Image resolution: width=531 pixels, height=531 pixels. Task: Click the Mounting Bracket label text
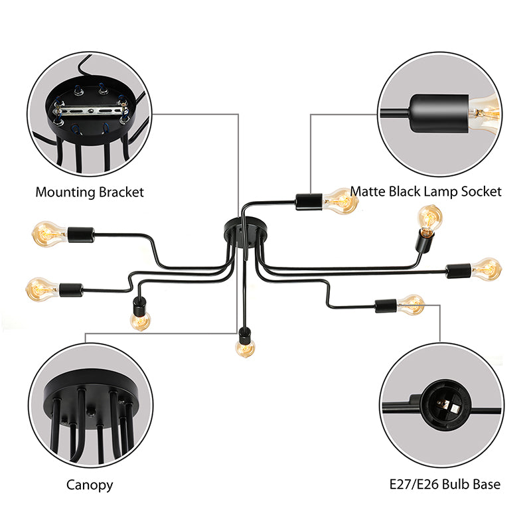[90, 192]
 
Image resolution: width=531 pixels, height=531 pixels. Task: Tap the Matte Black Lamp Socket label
[425, 192]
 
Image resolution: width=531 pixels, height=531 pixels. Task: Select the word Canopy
[90, 485]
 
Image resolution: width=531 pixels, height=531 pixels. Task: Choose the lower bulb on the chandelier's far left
[42, 288]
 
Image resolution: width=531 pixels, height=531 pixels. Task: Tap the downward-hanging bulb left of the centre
[140, 321]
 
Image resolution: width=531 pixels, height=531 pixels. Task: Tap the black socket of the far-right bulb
[458, 270]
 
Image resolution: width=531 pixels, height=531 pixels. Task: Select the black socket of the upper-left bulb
[80, 234]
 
